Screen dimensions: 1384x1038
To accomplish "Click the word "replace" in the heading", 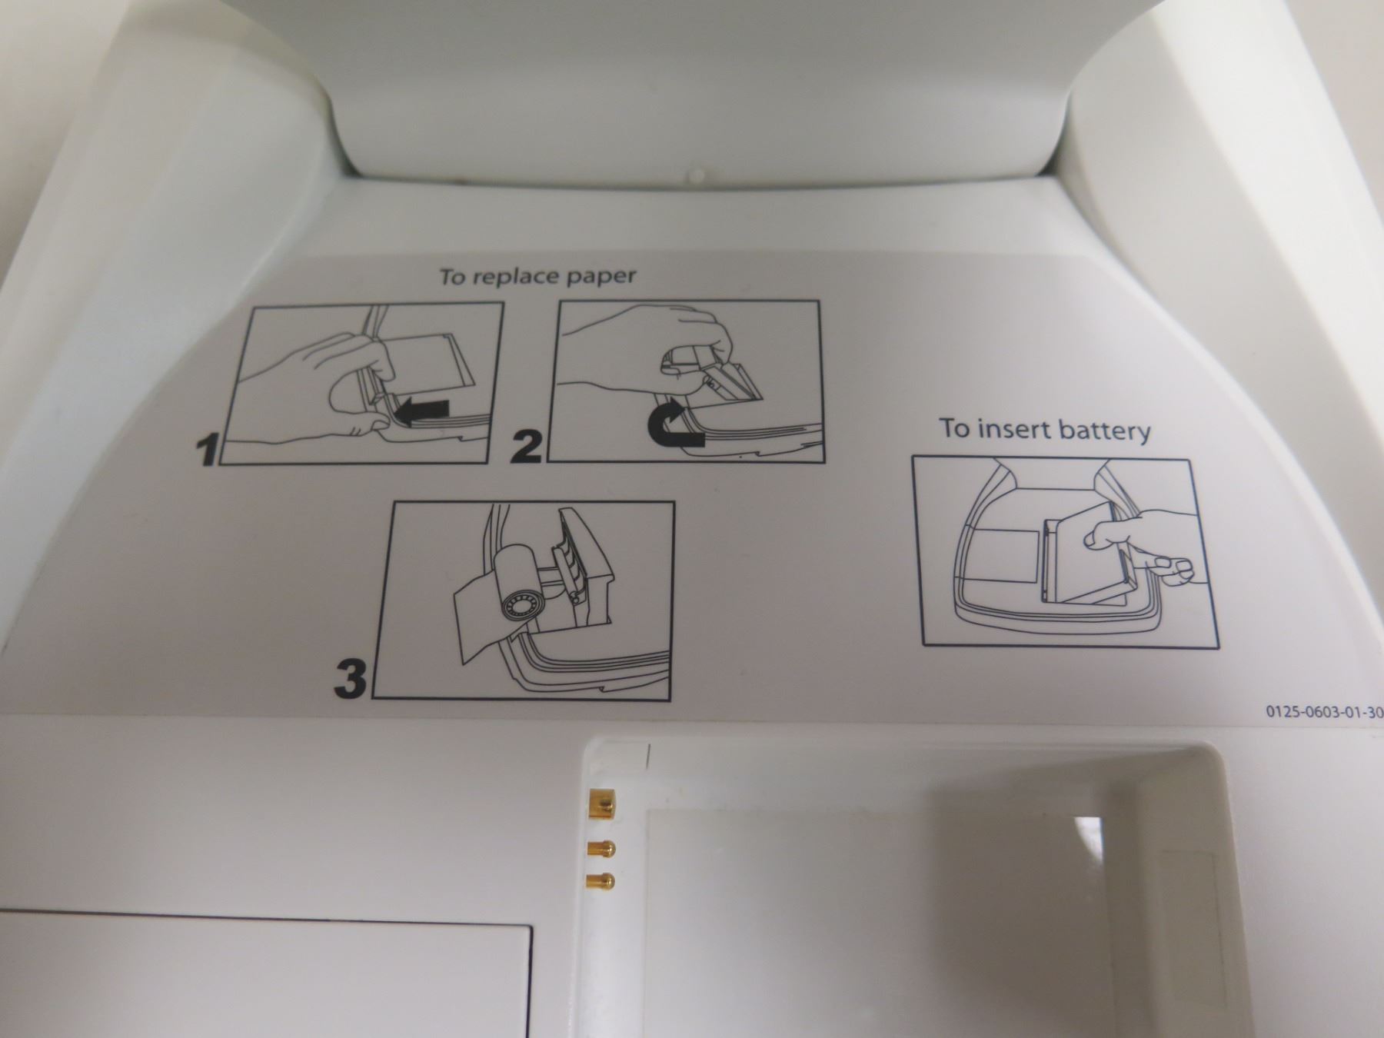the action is [513, 277].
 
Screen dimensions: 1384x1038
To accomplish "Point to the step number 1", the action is [206, 451].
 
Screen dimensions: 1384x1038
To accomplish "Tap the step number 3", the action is [351, 680].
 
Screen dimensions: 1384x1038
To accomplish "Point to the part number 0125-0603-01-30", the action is [1324, 712].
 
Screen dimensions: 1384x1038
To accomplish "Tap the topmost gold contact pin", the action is [600, 805].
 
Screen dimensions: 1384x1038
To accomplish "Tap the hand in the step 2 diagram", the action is [654, 338].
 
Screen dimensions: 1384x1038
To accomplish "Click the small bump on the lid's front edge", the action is [697, 176].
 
